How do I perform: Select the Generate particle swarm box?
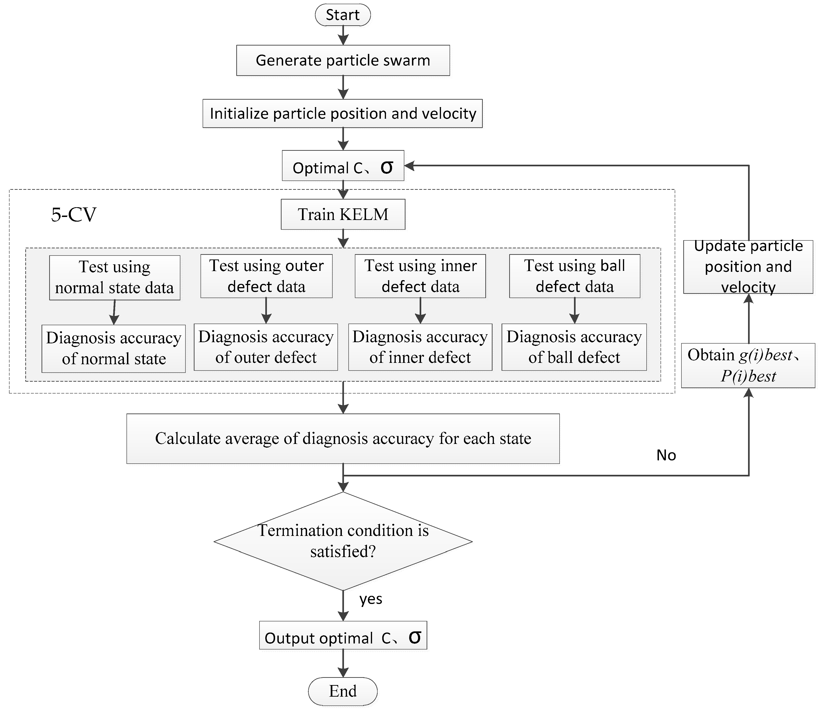tap(343, 60)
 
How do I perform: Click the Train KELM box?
tap(343, 214)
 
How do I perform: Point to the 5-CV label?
tap(74, 215)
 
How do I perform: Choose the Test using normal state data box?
tap(114, 277)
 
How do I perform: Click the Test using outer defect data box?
tap(266, 276)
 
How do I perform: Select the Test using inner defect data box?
tap(420, 276)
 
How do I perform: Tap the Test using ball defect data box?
tap(574, 276)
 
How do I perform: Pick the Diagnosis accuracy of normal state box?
tap(114, 348)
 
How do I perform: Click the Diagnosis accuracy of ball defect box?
tap(574, 347)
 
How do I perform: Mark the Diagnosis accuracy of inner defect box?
tap(420, 347)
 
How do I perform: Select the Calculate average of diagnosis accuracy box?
tap(343, 439)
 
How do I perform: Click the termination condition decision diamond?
tap(343, 541)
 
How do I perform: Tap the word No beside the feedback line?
tap(666, 455)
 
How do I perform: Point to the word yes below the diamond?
tap(371, 599)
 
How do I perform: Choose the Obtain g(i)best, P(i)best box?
tap(748, 365)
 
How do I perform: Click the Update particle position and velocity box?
tap(748, 266)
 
